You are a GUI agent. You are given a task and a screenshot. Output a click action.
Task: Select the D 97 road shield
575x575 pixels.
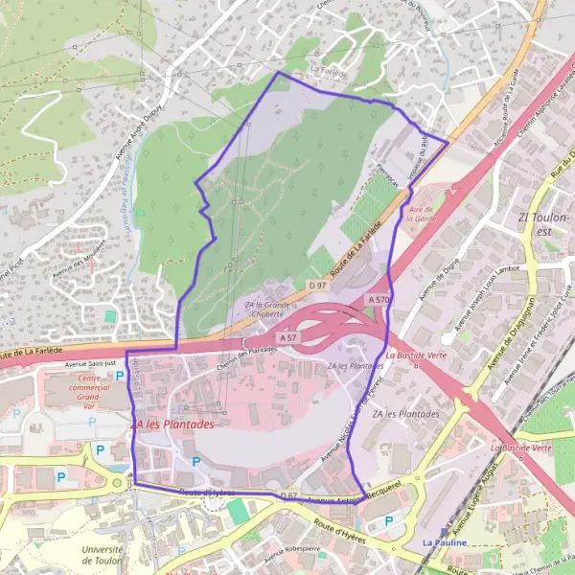tap(318, 285)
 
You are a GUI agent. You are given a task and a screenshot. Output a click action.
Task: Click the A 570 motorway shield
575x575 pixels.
tap(378, 300)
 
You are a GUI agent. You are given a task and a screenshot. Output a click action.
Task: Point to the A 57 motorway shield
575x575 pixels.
tap(288, 338)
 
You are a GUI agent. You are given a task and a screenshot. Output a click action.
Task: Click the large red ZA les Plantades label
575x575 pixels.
tap(172, 422)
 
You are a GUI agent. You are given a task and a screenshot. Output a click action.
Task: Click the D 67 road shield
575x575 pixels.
tap(290, 495)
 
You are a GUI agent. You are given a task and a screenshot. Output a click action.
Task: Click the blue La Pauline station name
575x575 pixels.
tap(444, 542)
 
